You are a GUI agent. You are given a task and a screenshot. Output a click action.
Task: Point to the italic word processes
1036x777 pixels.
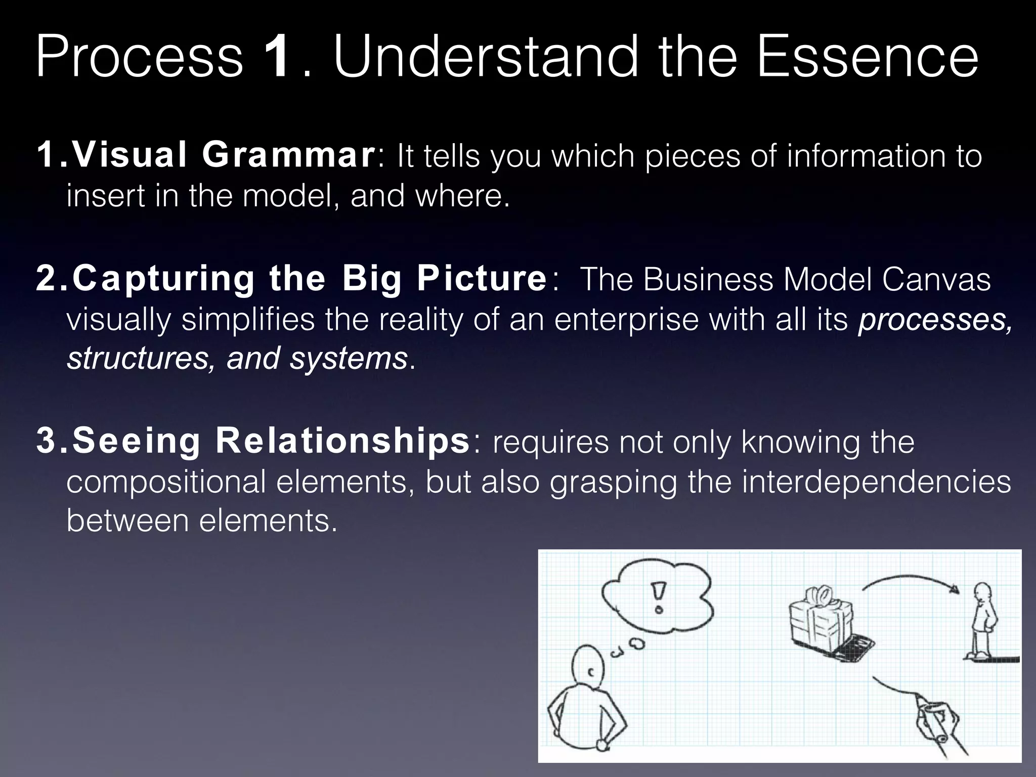click(935, 320)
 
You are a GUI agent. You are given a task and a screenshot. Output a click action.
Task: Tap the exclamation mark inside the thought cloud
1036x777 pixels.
click(658, 597)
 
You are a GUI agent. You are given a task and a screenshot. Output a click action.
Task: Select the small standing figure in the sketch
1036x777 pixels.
click(982, 622)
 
